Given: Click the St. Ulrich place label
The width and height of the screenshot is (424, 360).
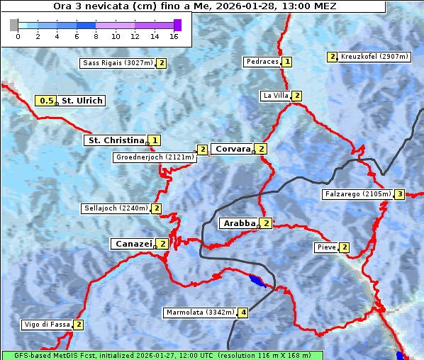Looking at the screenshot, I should point(82,101).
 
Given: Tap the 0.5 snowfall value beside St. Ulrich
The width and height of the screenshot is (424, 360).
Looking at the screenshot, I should point(47,101).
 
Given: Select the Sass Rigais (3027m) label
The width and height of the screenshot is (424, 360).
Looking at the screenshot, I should point(117,63).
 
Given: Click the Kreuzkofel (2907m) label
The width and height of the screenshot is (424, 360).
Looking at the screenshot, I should point(374,56).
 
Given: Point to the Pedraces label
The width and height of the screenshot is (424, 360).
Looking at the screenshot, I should point(262,62).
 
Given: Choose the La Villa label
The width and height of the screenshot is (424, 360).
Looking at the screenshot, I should point(275,96).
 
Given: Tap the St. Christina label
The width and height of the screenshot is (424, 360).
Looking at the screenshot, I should point(116,140).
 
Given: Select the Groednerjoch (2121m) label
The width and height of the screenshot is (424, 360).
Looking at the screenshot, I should point(154,157).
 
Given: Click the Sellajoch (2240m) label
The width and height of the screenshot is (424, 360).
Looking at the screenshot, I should point(115,208).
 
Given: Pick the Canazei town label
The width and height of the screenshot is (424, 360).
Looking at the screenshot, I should point(133,244).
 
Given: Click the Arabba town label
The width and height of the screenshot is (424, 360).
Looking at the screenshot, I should point(239,223).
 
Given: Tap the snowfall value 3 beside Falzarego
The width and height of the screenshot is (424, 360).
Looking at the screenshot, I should point(399,194).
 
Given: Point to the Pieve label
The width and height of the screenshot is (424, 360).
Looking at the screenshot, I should point(326,247).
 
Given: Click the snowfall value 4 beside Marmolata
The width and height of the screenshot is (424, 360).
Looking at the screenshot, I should point(243,313).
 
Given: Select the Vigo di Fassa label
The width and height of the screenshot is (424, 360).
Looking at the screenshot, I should point(47,325).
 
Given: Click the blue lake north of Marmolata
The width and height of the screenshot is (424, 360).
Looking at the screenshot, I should point(258,281).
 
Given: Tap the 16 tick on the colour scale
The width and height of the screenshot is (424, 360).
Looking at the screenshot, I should point(174,36).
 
